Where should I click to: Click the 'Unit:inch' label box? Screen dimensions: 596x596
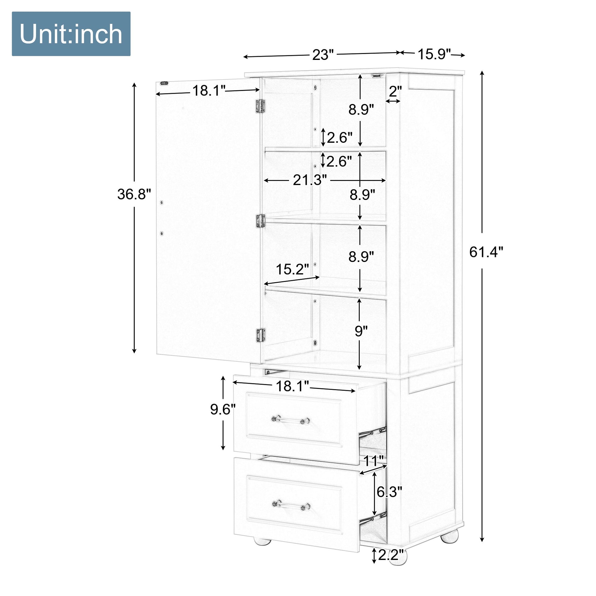click(x=71, y=34)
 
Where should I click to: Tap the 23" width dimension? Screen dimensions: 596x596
click(x=324, y=55)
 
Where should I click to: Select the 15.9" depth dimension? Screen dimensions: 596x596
click(x=434, y=54)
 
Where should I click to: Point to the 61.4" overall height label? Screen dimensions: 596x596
click(x=486, y=251)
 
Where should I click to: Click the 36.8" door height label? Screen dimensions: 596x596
click(x=134, y=194)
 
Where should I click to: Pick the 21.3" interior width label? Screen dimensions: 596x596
click(x=309, y=180)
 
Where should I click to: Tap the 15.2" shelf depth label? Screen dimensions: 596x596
click(x=292, y=269)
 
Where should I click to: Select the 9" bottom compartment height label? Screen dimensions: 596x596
click(x=361, y=331)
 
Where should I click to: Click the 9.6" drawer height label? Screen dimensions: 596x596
click(x=223, y=409)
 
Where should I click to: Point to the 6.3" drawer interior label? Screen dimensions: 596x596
click(x=389, y=492)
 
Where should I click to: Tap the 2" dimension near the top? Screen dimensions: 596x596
click(x=395, y=91)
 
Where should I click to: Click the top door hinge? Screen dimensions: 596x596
click(x=260, y=106)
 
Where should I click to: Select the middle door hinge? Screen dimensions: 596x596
click(x=260, y=221)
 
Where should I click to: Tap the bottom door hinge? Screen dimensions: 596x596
click(x=260, y=336)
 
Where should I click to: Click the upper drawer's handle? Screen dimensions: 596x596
click(x=291, y=420)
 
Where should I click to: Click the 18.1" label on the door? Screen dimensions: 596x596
click(x=209, y=91)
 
